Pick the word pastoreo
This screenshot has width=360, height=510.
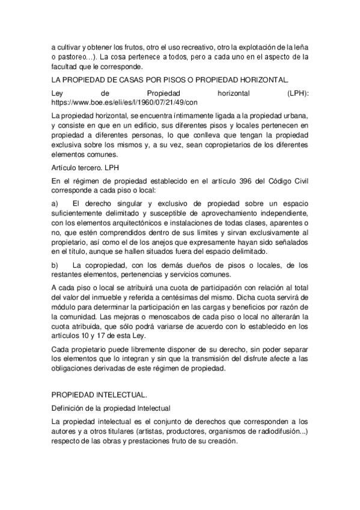pos(75,57)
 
